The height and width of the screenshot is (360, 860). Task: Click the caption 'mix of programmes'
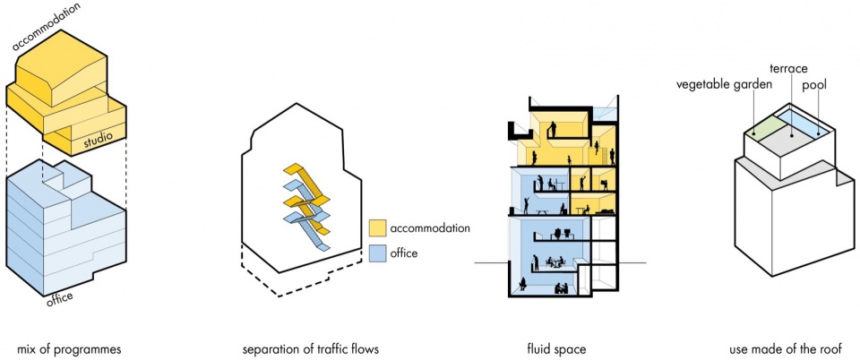69,349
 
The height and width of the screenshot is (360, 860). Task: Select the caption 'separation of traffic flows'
311,349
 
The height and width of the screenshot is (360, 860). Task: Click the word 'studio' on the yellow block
99,142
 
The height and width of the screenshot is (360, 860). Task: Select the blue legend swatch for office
377,253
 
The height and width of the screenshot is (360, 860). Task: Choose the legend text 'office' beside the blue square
405,253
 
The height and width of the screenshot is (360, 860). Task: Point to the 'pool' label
814,85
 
